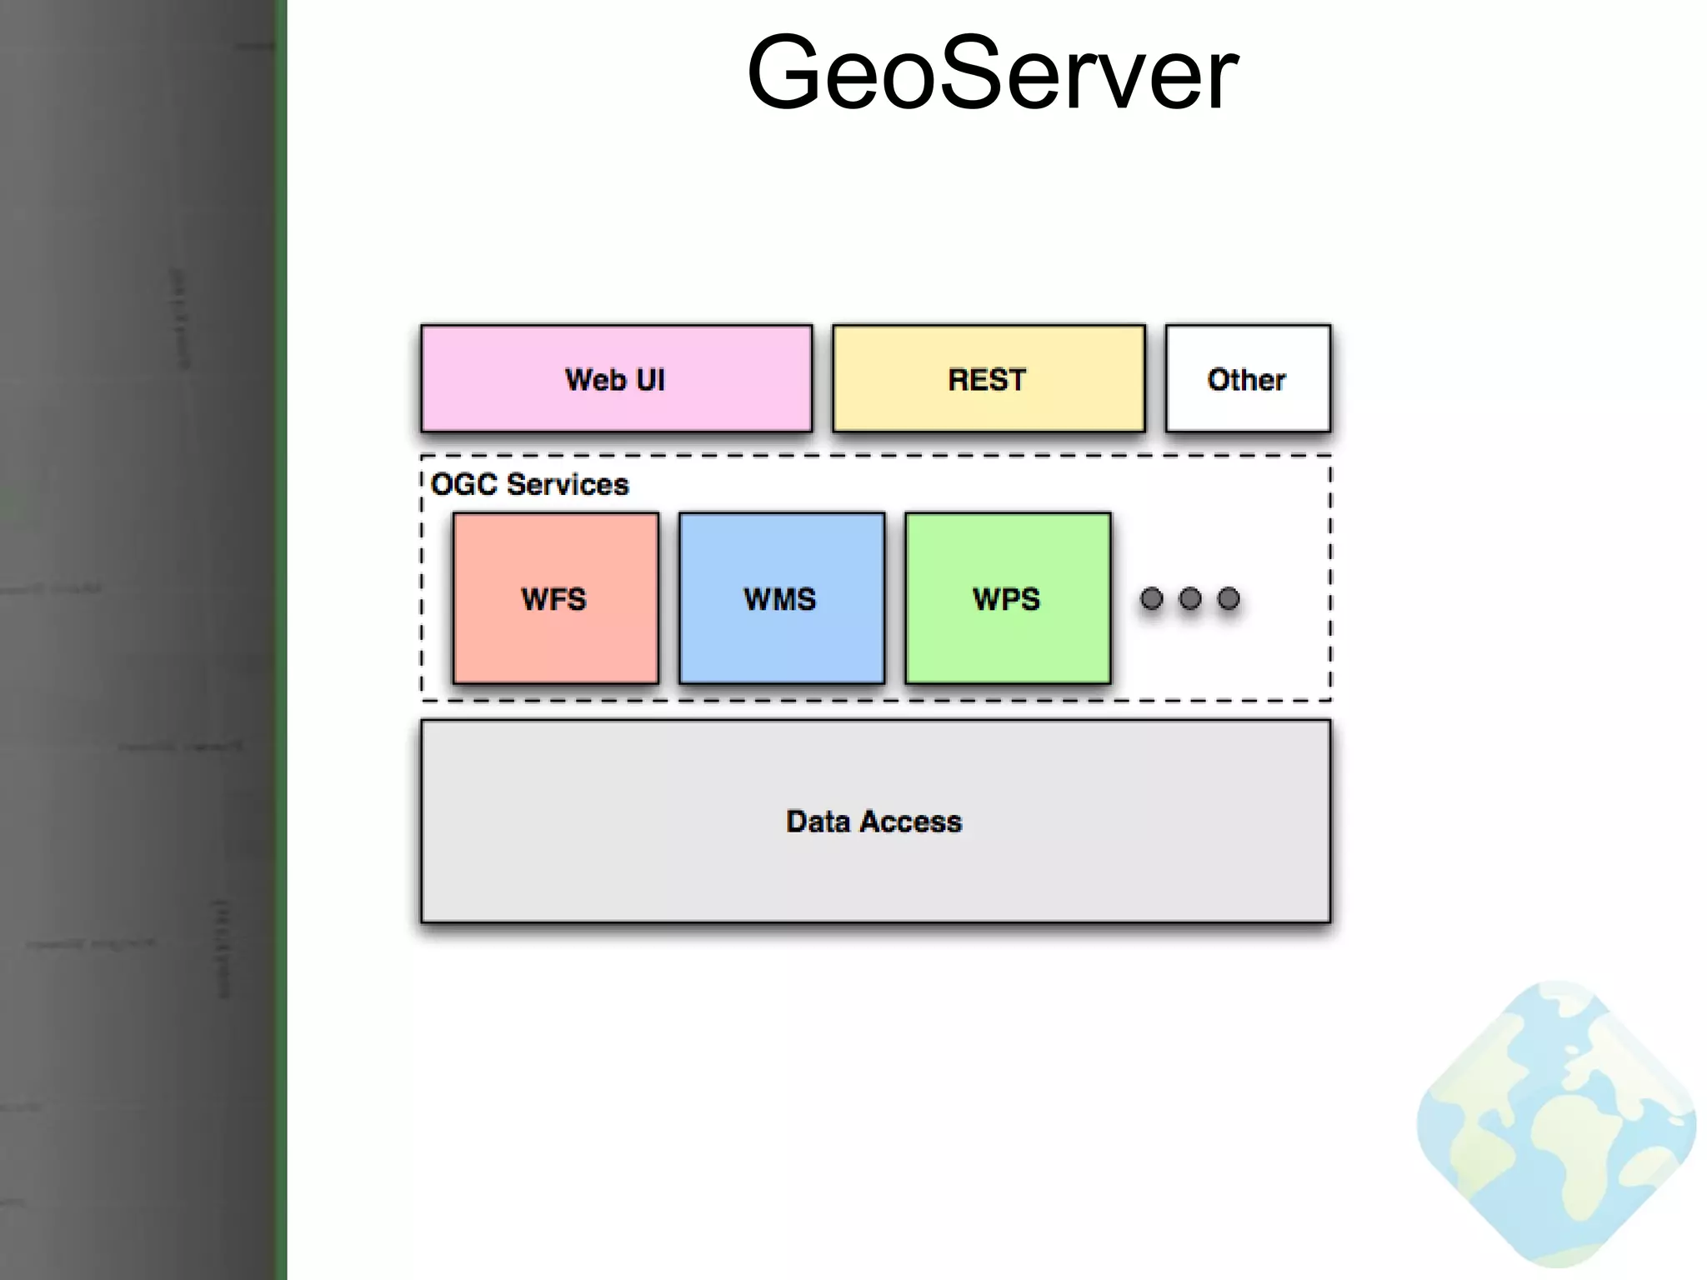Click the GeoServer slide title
coord(992,73)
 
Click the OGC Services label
coord(529,484)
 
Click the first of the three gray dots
coord(1151,598)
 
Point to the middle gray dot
coord(1190,598)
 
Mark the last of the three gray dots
coord(1229,598)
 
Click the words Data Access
coord(874,822)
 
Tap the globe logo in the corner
coord(1556,1125)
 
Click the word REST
coord(988,380)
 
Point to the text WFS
coord(554,599)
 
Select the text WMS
coord(780,599)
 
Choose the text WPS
coord(1007,599)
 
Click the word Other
coord(1247,380)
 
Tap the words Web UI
coord(616,380)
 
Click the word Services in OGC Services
coord(568,484)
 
